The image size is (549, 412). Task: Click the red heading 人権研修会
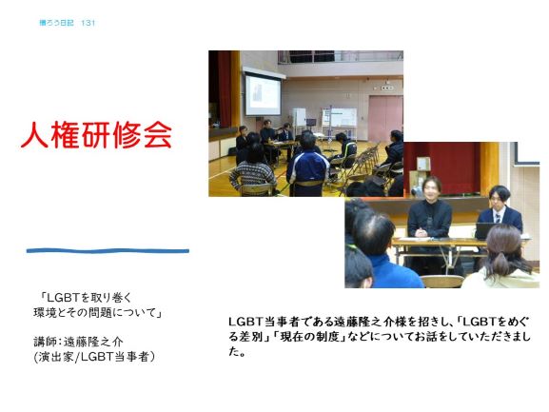(x=96, y=135)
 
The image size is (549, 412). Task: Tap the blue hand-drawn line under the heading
(x=108, y=250)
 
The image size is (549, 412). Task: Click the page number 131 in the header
(x=88, y=23)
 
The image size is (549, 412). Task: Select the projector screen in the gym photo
(x=263, y=94)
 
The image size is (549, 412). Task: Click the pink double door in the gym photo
(x=384, y=118)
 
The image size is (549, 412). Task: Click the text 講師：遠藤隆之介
(x=78, y=342)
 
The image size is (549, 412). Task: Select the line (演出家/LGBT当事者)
(x=94, y=357)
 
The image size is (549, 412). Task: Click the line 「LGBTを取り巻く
(x=87, y=298)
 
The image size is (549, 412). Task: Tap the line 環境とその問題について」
(x=98, y=312)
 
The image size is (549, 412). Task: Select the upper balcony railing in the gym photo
(x=341, y=57)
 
